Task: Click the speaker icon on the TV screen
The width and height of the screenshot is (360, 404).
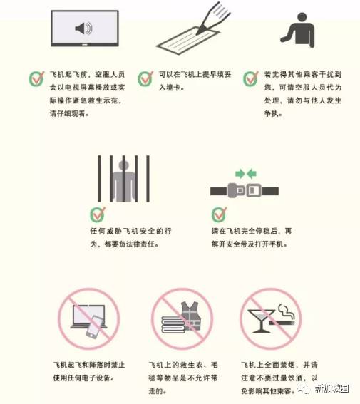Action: (83, 29)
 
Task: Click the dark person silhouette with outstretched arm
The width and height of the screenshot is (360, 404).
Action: (299, 30)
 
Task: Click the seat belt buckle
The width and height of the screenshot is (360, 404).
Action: (245, 190)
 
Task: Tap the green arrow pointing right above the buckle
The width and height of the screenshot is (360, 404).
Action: (240, 174)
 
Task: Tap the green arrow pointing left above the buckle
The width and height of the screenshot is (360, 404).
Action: (252, 174)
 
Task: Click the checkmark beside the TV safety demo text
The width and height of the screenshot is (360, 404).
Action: (36, 78)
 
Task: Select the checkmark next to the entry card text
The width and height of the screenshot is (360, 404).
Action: (145, 78)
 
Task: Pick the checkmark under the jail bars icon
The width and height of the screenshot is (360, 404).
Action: (98, 214)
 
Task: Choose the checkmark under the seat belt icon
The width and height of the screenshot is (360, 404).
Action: (219, 214)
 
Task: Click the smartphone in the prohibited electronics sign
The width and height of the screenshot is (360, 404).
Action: (95, 327)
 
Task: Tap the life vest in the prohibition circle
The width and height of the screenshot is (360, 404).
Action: (191, 316)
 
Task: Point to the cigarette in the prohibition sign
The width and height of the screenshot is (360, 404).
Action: (282, 322)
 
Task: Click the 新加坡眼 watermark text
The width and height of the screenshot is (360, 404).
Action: (331, 388)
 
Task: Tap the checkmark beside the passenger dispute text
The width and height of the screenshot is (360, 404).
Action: (251, 78)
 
